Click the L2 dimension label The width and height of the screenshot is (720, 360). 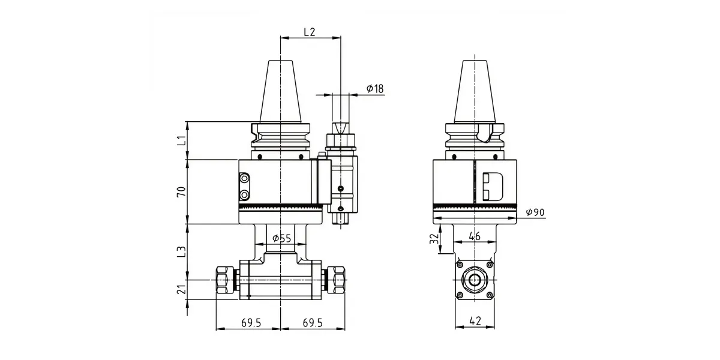pyautogui.click(x=310, y=32)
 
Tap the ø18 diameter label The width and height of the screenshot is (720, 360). pyautogui.click(x=375, y=88)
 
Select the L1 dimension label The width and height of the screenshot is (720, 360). pyautogui.click(x=182, y=140)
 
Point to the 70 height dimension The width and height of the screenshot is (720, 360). pyautogui.click(x=182, y=191)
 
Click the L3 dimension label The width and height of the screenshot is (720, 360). pyautogui.click(x=182, y=251)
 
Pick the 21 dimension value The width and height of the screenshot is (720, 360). pyautogui.click(x=182, y=289)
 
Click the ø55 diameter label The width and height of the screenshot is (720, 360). pyautogui.click(x=281, y=238)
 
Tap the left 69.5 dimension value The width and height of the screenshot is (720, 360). pyautogui.click(x=251, y=323)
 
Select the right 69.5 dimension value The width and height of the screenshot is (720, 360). pyautogui.click(x=313, y=323)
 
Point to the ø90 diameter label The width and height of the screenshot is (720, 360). pyautogui.click(x=535, y=212)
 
